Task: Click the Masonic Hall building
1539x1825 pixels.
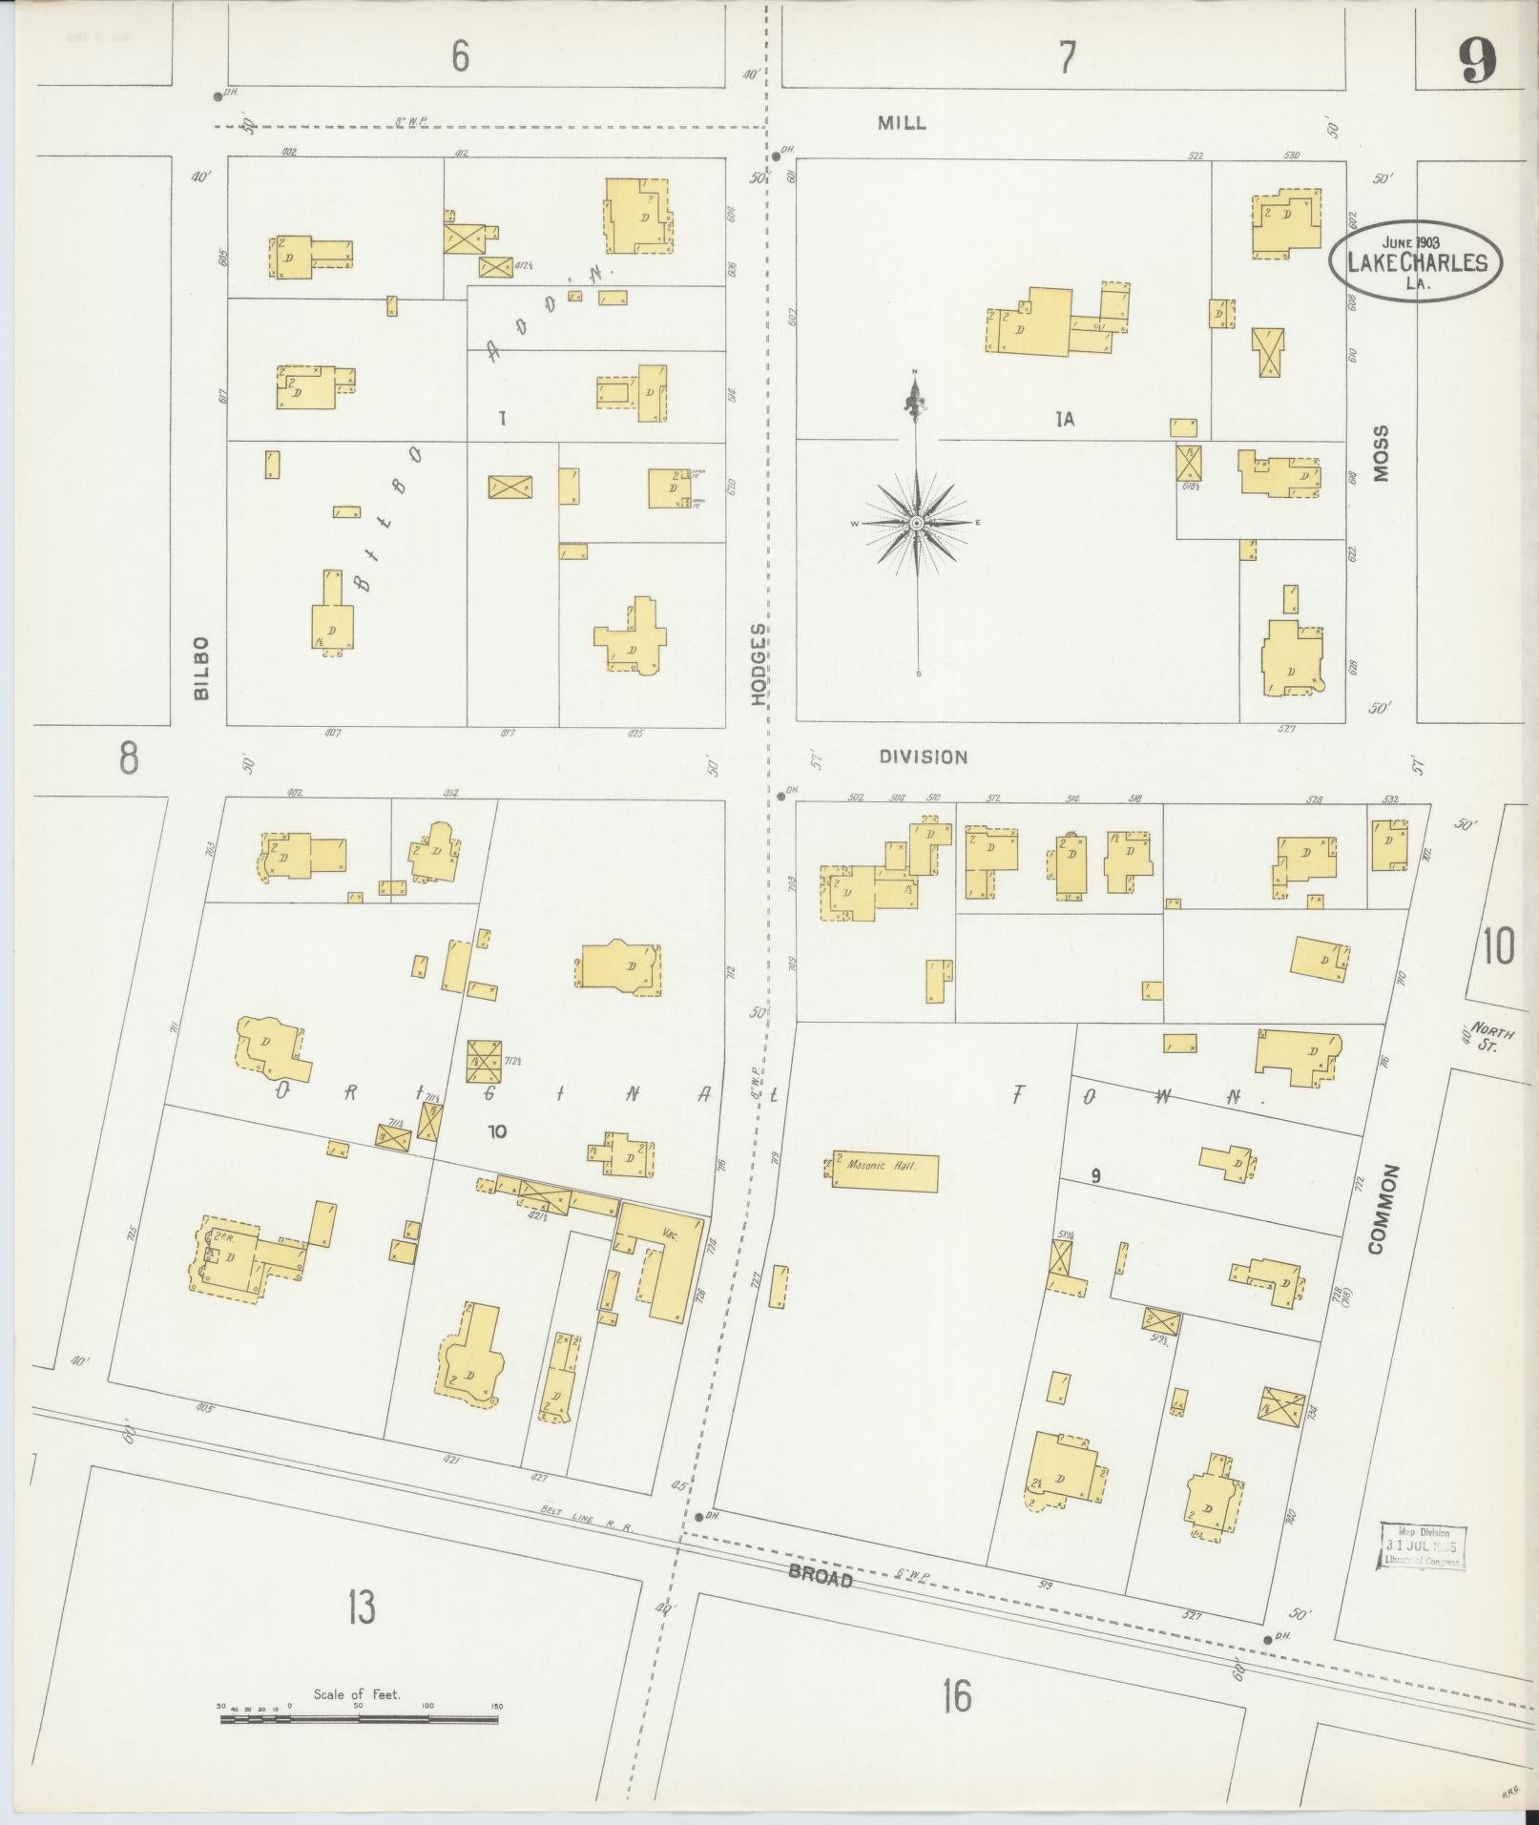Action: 884,1172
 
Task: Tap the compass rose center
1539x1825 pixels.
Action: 916,523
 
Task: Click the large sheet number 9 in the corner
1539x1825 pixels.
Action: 1476,62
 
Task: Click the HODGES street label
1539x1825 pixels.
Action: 759,664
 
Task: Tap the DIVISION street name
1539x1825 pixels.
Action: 923,757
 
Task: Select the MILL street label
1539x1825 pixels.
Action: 902,123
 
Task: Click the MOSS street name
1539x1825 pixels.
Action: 1382,453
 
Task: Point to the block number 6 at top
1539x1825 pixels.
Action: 461,57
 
